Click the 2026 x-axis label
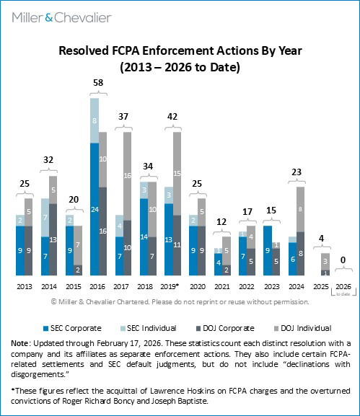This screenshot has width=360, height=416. pos(344,285)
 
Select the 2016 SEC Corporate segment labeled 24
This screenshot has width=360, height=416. pos(95,210)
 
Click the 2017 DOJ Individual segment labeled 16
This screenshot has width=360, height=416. pos(128,175)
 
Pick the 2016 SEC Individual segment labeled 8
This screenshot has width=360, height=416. pos(95,121)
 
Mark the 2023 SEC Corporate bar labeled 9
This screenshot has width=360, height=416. pos(267,251)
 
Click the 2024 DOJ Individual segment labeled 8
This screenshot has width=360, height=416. pos(300,209)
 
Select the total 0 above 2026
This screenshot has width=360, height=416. pos(344,258)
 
